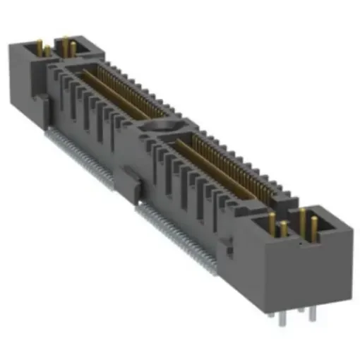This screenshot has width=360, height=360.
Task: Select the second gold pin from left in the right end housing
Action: [283, 229]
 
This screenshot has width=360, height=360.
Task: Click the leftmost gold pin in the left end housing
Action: [39, 49]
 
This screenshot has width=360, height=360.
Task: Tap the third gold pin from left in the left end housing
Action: [64, 46]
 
